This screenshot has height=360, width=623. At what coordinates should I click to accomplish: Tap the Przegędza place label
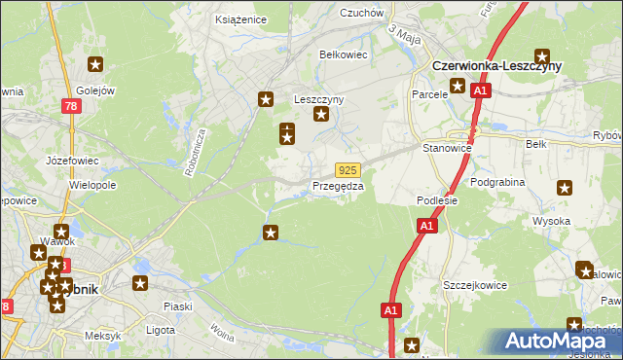[338, 185]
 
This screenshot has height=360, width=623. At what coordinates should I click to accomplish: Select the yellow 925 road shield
[349, 169]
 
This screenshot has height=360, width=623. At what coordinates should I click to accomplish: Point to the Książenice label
[240, 18]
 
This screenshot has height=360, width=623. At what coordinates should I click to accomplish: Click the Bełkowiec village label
[344, 54]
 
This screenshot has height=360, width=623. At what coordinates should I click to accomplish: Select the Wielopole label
[92, 183]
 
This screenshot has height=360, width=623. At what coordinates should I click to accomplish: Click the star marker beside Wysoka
[564, 188]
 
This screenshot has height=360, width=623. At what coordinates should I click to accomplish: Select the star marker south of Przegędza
[271, 232]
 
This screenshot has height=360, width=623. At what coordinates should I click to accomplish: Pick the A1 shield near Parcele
[479, 90]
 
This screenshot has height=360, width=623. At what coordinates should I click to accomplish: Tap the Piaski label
[178, 306]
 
